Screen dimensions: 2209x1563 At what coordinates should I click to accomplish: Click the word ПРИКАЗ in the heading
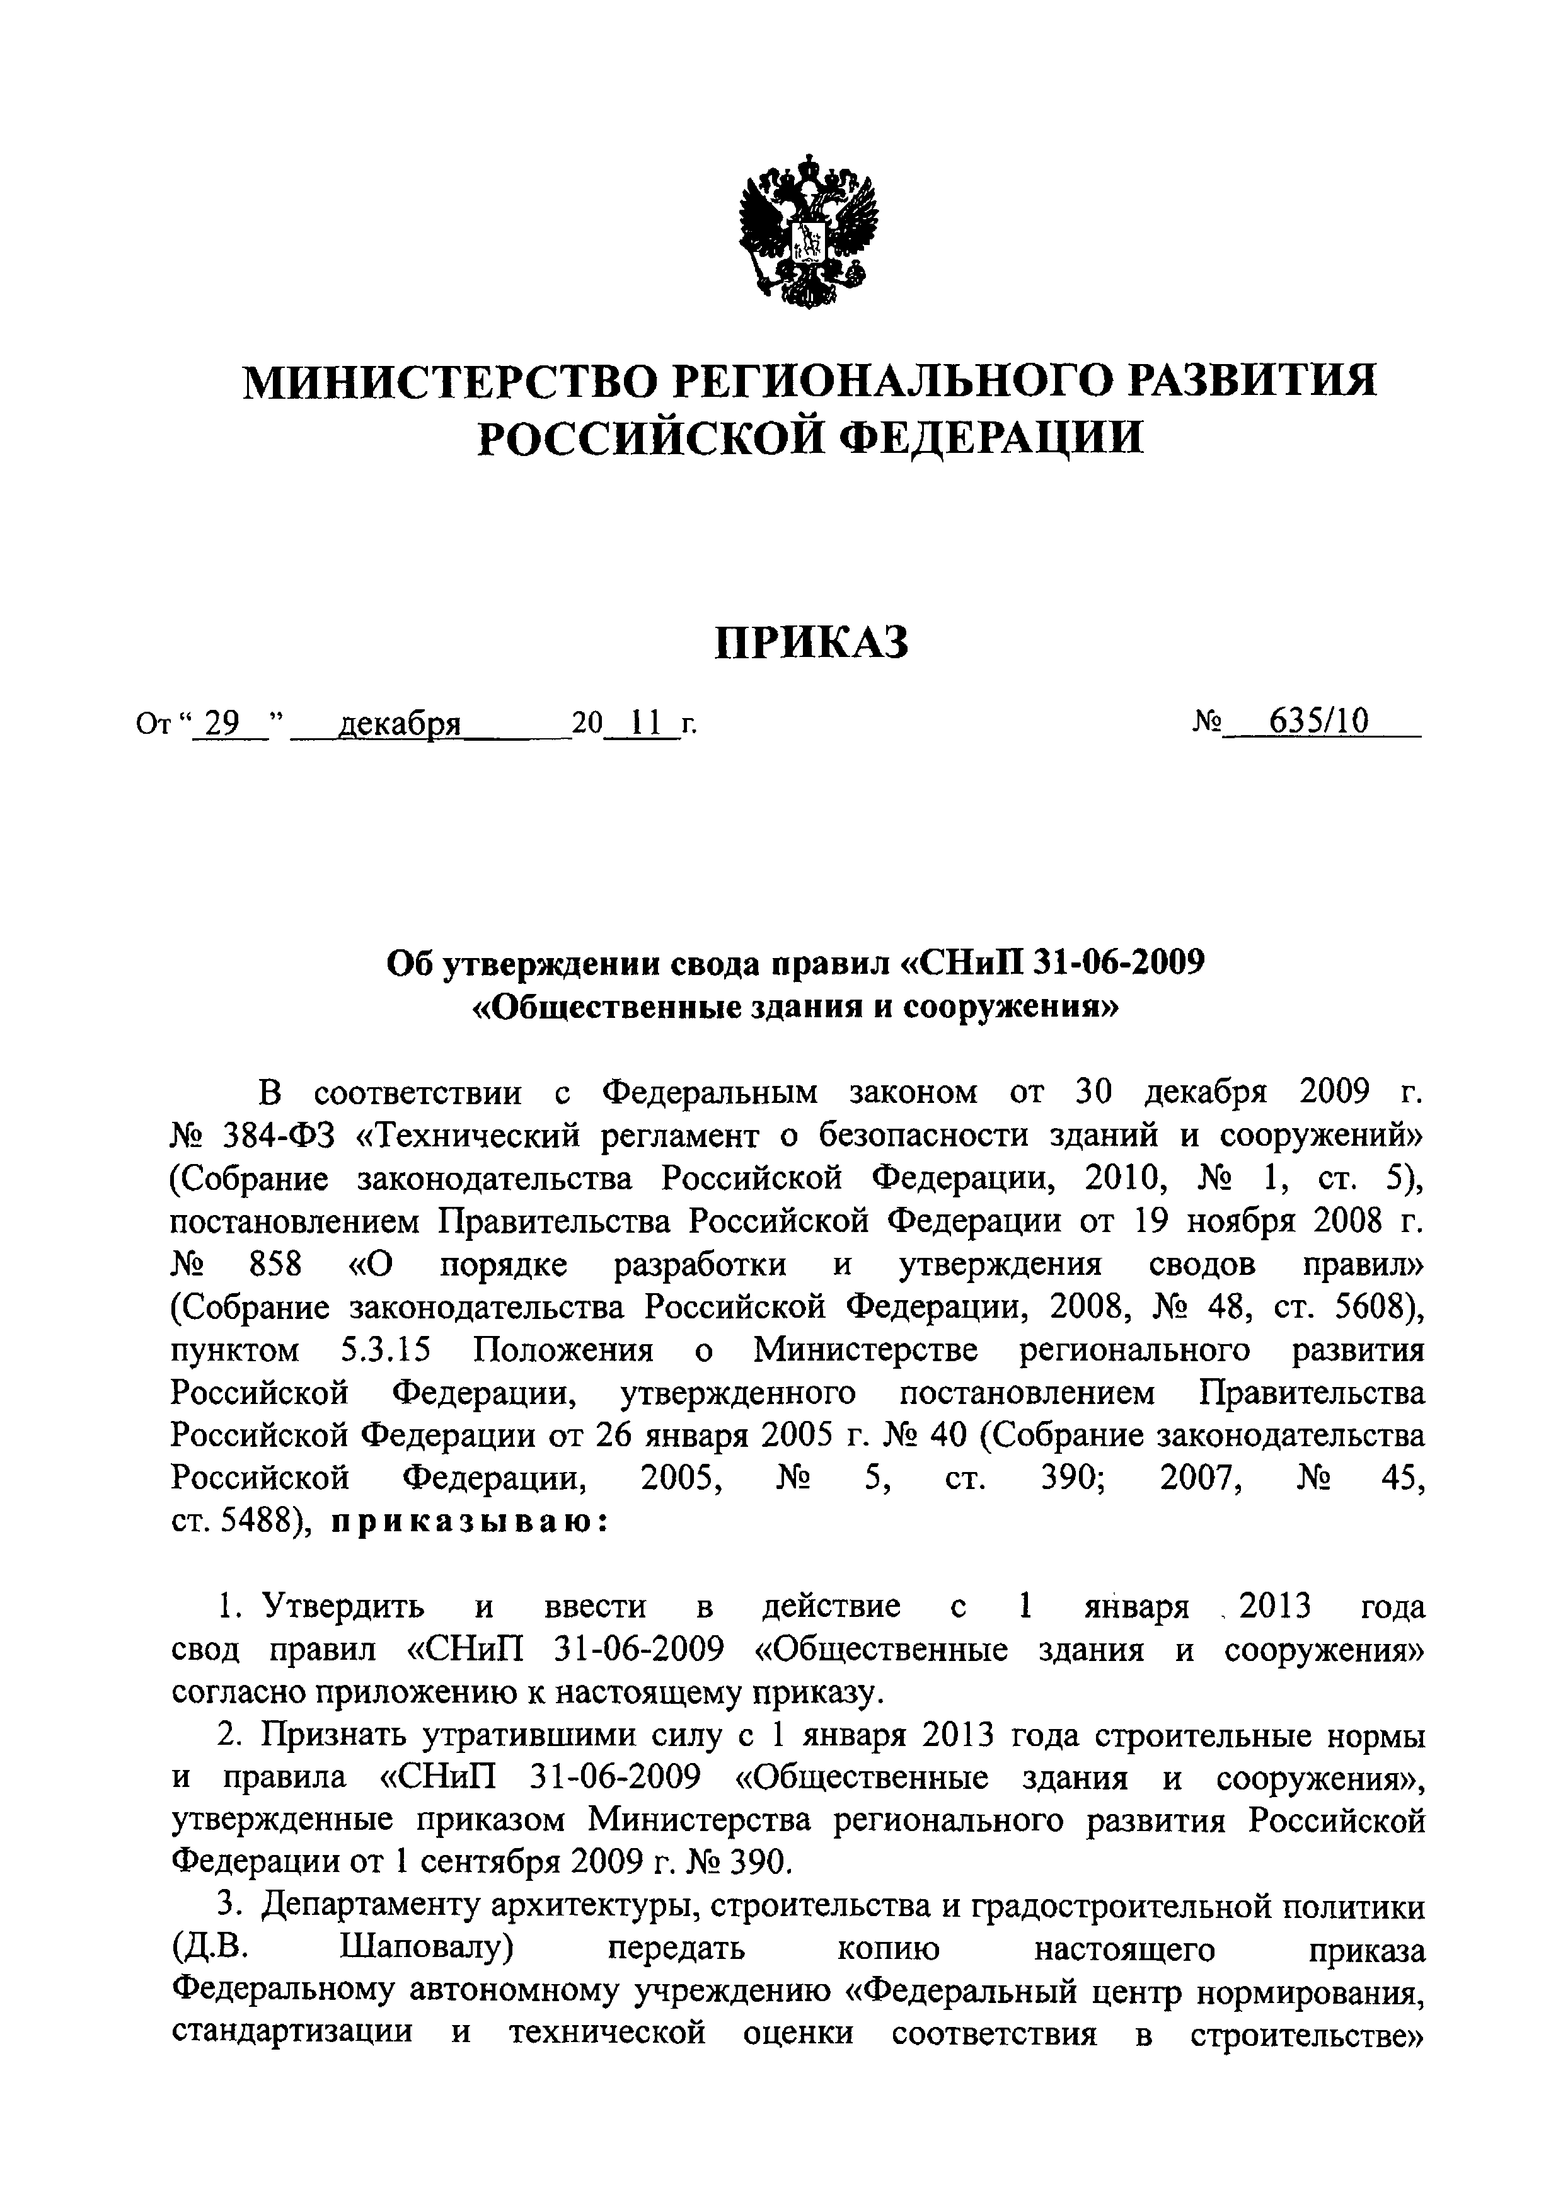(x=810, y=642)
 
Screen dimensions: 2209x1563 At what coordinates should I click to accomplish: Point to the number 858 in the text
(x=274, y=1264)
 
